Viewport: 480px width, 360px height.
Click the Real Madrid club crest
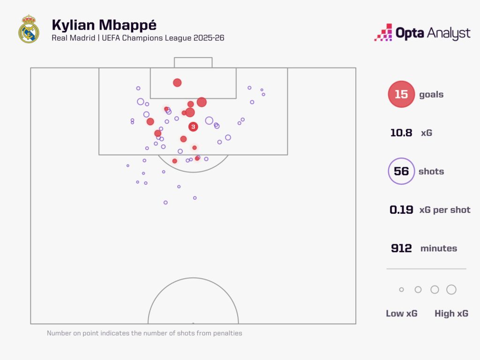[28, 29]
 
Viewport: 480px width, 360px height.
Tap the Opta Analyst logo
[422, 33]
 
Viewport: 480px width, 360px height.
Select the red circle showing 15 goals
[401, 94]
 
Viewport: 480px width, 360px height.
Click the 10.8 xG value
[401, 133]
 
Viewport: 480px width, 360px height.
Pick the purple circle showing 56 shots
[401, 171]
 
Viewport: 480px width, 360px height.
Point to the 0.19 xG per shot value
[401, 210]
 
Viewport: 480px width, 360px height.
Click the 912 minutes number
[401, 248]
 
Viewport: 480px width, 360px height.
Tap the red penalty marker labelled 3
[193, 127]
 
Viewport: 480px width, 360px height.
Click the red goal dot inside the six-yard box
[177, 82]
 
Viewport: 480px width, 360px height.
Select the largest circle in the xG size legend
[451, 290]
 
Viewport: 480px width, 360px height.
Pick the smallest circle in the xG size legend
[401, 290]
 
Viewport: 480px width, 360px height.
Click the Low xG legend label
[401, 314]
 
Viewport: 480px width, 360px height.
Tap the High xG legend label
[451, 314]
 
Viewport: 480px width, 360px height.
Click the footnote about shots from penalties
[144, 333]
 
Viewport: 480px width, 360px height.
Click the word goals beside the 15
[431, 94]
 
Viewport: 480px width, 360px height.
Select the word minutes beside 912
[438, 248]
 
